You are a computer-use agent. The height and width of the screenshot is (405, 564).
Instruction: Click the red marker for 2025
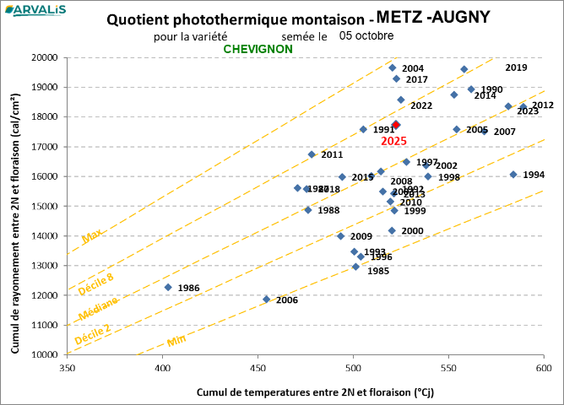[396, 125]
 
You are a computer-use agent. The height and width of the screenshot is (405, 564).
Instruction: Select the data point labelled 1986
[168, 288]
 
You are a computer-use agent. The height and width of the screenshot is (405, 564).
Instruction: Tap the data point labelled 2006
[267, 300]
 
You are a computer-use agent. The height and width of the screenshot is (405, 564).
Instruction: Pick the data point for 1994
[513, 175]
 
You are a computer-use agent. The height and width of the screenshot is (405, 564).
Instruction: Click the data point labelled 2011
[312, 154]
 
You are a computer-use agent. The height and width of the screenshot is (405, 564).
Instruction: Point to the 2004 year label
[413, 68]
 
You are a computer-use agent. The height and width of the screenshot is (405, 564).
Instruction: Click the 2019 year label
[516, 67]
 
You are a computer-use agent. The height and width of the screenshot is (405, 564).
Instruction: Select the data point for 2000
[392, 230]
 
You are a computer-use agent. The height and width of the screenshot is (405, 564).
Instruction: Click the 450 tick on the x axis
[258, 368]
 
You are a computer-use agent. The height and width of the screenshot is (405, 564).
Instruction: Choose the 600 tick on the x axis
[544, 368]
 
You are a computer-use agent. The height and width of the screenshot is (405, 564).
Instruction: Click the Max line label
[92, 238]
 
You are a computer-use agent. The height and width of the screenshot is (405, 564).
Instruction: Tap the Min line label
[176, 340]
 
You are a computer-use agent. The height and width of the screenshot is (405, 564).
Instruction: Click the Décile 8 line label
[95, 283]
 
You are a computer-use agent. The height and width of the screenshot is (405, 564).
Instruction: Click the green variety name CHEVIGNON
[258, 49]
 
